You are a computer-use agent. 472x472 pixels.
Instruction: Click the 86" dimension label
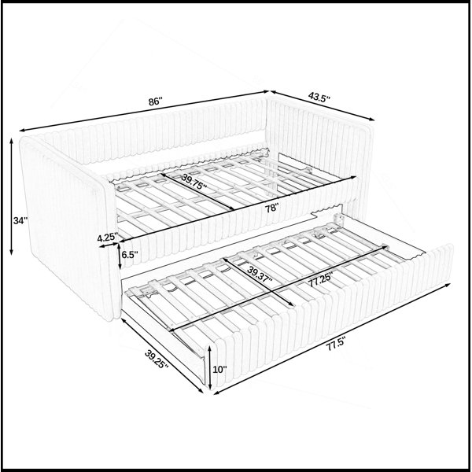click(155, 101)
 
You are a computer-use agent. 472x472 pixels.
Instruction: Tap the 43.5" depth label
click(319, 98)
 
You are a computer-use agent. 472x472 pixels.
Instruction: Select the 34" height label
click(20, 220)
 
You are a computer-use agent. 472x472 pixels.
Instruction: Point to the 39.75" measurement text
click(194, 183)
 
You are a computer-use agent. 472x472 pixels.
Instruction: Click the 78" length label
click(272, 208)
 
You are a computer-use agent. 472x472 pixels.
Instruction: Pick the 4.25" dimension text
click(107, 238)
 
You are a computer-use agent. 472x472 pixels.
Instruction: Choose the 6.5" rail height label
click(130, 255)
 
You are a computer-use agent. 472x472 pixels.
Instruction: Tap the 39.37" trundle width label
click(260, 275)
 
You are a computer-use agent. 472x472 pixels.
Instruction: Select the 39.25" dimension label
click(157, 360)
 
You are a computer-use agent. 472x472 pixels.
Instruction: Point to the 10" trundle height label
click(219, 370)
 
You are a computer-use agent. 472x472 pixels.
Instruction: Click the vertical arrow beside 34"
click(12, 197)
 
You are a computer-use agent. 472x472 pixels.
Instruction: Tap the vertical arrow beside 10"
click(210, 367)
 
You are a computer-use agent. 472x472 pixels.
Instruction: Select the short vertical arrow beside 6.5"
click(120, 256)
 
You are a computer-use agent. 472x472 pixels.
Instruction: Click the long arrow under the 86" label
click(144, 111)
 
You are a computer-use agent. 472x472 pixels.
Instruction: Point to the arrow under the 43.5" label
click(323, 105)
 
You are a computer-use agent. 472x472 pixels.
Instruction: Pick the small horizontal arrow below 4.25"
click(109, 245)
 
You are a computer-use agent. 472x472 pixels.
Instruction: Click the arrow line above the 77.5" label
click(332, 338)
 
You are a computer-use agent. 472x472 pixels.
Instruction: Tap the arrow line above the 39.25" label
click(162, 356)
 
